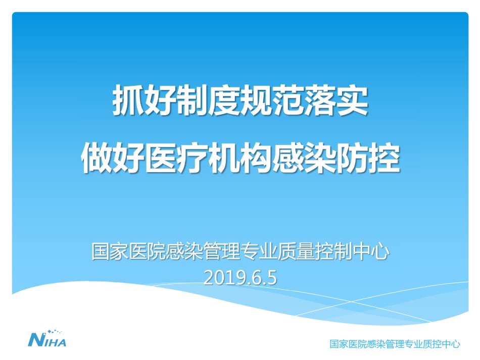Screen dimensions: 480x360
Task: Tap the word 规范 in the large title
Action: pyautogui.click(x=257, y=101)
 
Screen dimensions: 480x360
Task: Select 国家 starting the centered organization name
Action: pyautogui.click(x=110, y=251)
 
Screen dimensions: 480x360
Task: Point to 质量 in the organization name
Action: pyautogui.click(x=296, y=251)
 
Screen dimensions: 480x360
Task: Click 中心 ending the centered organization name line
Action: pyautogui.click(x=371, y=251)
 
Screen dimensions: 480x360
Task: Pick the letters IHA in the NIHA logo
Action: pyautogui.click(x=55, y=342)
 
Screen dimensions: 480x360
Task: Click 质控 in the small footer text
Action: pyautogui.click(x=431, y=344)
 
